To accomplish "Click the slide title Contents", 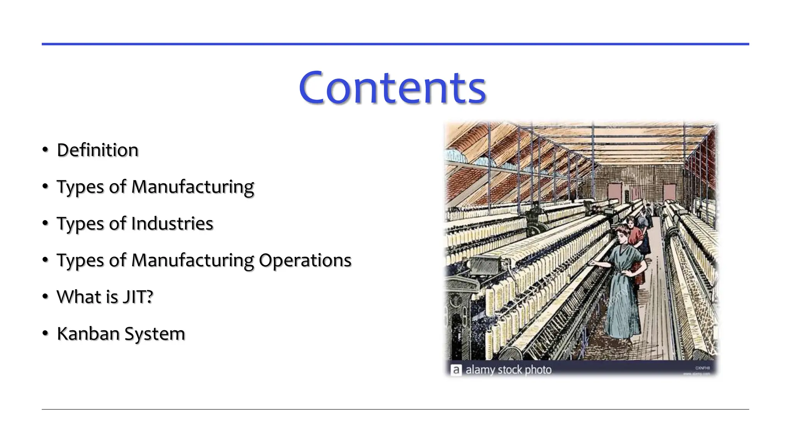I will coord(392,88).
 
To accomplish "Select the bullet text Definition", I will coord(97,150).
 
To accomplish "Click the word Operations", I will coord(305,260).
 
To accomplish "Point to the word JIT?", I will coord(138,297).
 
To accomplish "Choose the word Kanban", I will coord(88,333).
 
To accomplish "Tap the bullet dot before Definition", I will coord(46,150).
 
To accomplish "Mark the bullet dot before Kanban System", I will coord(46,333).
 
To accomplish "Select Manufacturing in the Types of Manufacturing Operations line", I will coord(192,261).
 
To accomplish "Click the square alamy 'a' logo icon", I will coord(456,370).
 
